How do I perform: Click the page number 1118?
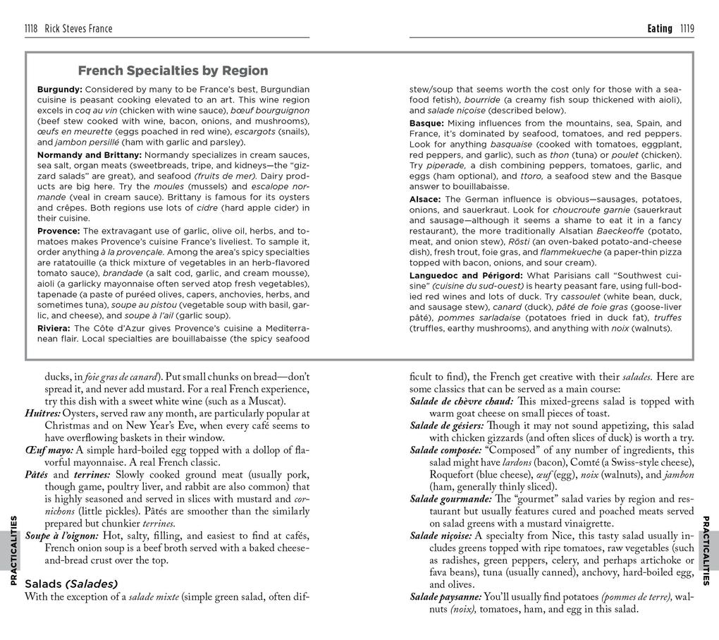pos(32,29)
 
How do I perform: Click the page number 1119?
pos(687,29)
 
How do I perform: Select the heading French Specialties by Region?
pos(173,71)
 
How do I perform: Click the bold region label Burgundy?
pos(60,90)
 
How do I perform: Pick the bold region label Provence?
pos(59,231)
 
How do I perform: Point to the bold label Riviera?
pos(54,328)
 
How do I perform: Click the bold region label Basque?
pos(426,123)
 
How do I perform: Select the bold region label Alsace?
pos(426,200)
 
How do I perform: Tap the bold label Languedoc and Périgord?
pos(466,275)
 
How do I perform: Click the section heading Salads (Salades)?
pos(70,584)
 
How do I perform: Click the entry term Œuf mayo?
pos(49,450)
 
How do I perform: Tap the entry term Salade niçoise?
pos(441,536)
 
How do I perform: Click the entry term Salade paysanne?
pos(445,597)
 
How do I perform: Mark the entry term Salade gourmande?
pos(449,499)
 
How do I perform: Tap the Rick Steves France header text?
pos(78,29)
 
